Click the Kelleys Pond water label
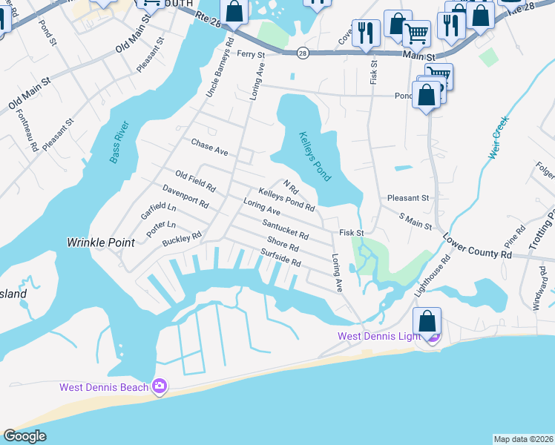pos(315,156)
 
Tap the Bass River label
pos(118,141)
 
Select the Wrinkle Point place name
pos(101,242)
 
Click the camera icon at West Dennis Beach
pos(159,386)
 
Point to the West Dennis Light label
pos(379,337)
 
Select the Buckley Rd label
pos(182,239)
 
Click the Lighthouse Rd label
pos(432,276)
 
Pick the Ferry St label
pos(251,53)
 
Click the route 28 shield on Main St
pos(302,53)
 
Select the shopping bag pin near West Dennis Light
pos(427,322)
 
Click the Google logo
pos(25,436)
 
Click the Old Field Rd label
pos(195,179)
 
